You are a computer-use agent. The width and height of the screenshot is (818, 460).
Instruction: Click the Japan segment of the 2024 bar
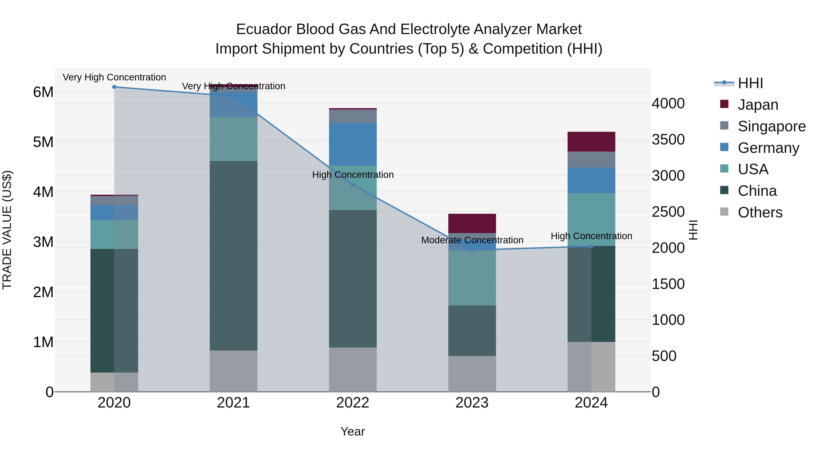[591, 142]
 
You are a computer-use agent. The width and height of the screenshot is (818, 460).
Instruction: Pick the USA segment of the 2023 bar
[472, 278]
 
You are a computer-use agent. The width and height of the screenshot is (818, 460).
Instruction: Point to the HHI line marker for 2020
[114, 87]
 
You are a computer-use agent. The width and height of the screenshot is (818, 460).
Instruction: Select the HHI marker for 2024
[591, 246]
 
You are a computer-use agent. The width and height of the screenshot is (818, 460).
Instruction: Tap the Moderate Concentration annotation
[472, 240]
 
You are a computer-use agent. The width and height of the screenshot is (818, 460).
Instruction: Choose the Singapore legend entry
[771, 126]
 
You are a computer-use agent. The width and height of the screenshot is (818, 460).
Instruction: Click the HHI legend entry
[750, 83]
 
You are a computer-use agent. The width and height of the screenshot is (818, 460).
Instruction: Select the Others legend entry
[760, 212]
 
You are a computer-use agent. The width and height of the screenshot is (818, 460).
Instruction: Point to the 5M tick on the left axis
[43, 142]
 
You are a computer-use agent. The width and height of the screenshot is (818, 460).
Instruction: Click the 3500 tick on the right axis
[668, 140]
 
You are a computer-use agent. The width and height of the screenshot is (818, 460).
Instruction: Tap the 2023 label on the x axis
[472, 403]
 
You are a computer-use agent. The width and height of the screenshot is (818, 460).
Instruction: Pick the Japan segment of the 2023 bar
[472, 224]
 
